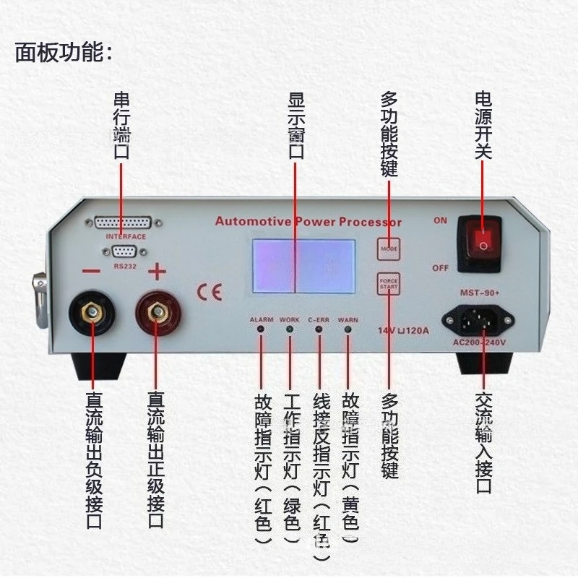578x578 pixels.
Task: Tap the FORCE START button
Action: (389, 282)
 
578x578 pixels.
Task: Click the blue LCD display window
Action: (303, 265)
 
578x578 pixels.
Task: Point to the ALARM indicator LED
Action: (261, 330)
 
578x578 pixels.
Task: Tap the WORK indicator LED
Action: (290, 330)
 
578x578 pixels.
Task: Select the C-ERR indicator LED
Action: (319, 330)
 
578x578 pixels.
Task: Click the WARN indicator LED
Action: (348, 330)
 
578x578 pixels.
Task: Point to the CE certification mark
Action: (210, 291)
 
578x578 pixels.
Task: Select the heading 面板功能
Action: (64, 52)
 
